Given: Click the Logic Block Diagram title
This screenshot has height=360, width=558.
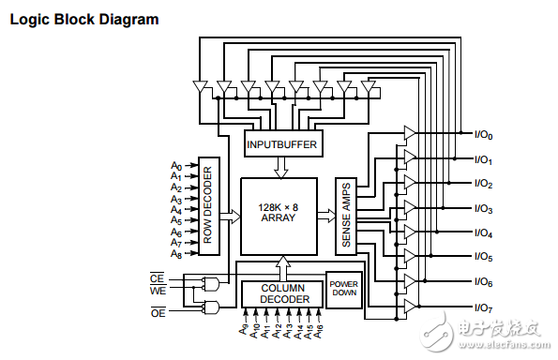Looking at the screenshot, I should pos(83,19).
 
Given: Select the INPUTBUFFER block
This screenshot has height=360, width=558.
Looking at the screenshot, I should pos(281,144).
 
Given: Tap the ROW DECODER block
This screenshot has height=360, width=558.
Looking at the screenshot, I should pos(209,207).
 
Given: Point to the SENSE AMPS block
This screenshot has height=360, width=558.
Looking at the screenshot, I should pos(344,215).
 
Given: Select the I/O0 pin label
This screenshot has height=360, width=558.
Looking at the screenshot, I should pos(484,135).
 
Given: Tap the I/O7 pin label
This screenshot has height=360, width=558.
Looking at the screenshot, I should pos(484,307).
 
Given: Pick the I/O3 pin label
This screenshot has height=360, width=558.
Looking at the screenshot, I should pos(484,209).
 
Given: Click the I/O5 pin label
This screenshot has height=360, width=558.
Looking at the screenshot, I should pos(484,257).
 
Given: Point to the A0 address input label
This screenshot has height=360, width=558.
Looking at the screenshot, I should pos(175,167).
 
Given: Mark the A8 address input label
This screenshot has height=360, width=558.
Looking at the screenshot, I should pos(175,254).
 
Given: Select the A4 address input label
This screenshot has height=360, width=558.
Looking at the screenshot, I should pos(175,210).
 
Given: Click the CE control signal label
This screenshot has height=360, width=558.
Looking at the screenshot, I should pos(158,277).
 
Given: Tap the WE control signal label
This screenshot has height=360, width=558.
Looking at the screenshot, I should pos(158,291).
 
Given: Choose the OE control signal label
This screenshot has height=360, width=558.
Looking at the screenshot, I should pos(158,311).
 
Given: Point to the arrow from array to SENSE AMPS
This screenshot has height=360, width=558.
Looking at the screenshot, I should pos(324,216).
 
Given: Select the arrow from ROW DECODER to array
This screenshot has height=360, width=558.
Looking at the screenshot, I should pos(230,216).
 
